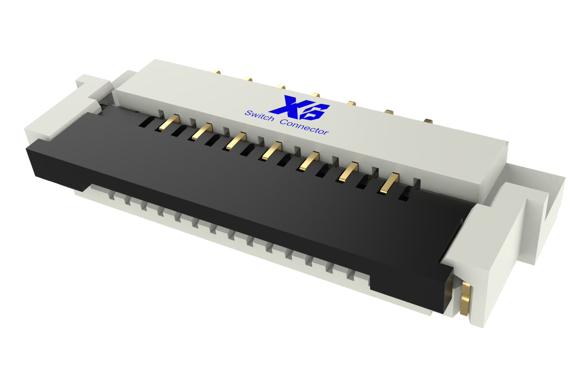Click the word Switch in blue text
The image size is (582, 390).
click(259, 116)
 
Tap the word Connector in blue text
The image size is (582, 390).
click(304, 127)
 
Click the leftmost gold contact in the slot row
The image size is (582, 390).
click(169, 122)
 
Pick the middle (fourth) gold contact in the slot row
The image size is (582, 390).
click(271, 151)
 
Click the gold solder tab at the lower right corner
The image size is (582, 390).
click(465, 298)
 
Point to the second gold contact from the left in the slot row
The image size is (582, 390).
click(202, 131)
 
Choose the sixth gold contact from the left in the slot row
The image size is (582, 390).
click(348, 172)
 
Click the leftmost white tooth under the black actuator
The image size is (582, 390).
click(112, 195)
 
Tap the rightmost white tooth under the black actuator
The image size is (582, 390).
click(351, 275)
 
